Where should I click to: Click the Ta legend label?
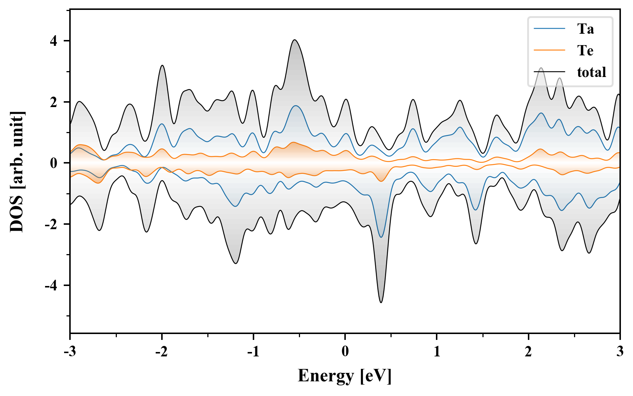(x=585, y=29)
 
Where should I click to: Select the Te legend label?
(x=585, y=51)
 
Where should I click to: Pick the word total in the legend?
(x=591, y=72)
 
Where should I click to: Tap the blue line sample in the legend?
(x=549, y=29)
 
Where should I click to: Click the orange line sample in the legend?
(x=549, y=51)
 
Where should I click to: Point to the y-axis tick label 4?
(x=54, y=41)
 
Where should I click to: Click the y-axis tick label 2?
(x=54, y=102)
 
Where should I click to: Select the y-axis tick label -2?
(x=51, y=224)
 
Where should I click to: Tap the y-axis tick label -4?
(x=51, y=285)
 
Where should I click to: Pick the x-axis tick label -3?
(x=70, y=352)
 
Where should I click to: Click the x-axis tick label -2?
(x=162, y=352)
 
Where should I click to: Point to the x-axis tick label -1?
(x=253, y=352)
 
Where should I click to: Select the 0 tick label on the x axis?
(x=345, y=352)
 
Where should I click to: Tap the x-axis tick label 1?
(x=437, y=352)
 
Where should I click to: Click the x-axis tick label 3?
(x=620, y=352)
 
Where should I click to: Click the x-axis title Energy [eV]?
(x=345, y=376)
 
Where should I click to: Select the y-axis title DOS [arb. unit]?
(x=17, y=172)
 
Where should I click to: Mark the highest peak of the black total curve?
(x=295, y=40)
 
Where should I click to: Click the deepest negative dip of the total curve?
(x=381, y=302)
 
